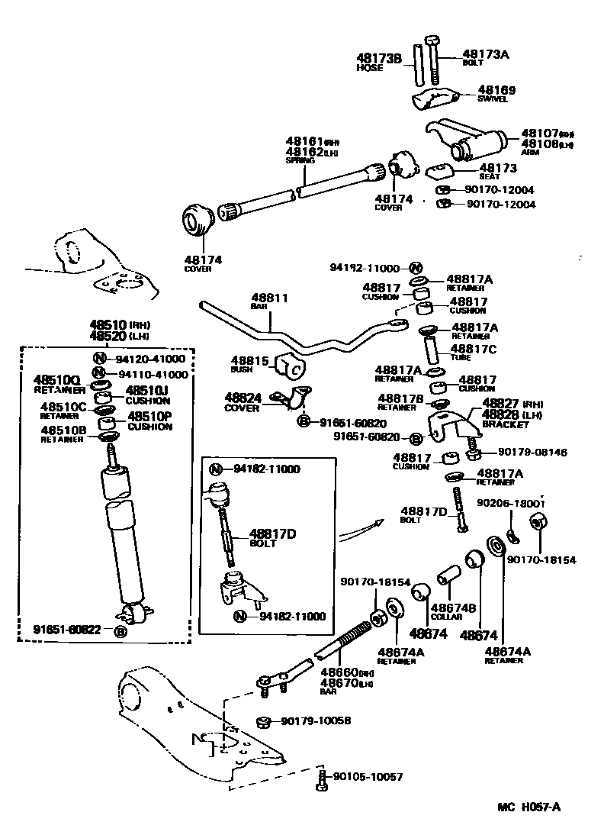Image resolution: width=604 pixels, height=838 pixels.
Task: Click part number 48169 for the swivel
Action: tap(496, 90)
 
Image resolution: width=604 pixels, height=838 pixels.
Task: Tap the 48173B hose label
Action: tap(379, 57)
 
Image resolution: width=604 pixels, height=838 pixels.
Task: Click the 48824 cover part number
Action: tap(243, 398)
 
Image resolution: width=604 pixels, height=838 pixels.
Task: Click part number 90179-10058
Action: tap(316, 721)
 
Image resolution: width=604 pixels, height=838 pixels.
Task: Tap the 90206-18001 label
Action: tap(511, 504)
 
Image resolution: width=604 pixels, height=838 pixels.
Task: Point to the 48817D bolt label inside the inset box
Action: tap(272, 533)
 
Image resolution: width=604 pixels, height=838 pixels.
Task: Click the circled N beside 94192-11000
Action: tap(415, 268)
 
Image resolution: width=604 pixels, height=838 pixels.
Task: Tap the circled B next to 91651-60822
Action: tap(120, 630)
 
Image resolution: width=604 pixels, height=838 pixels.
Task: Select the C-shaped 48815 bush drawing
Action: tap(293, 366)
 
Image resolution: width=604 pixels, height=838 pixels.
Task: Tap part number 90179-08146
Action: tap(533, 452)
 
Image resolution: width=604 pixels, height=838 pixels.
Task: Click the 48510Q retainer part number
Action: tap(56, 379)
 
